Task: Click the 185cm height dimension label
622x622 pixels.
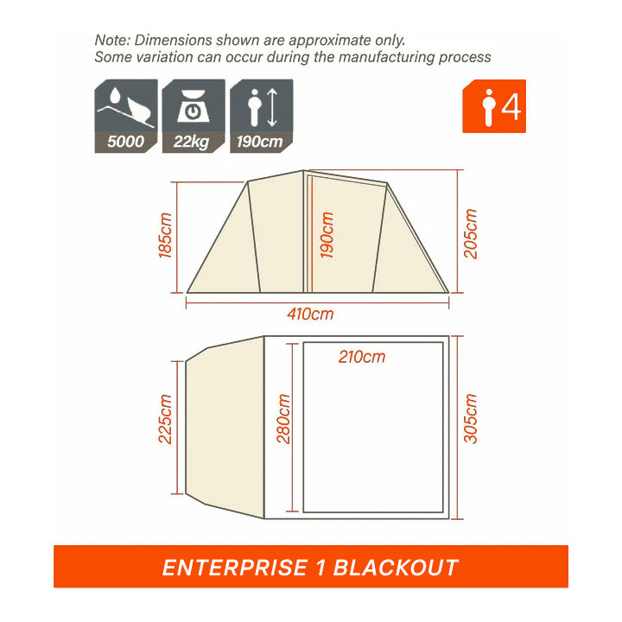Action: click(165, 235)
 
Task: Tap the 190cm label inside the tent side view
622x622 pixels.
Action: click(327, 235)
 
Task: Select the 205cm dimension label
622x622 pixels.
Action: click(471, 233)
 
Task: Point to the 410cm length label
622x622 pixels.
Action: click(310, 314)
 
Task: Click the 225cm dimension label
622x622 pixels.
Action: click(165, 418)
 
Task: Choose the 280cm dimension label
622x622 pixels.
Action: click(283, 418)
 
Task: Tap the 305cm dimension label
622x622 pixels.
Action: click(471, 418)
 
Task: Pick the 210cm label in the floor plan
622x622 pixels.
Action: click(362, 357)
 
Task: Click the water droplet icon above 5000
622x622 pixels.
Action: click(115, 95)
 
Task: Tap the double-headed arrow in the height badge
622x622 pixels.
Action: click(272, 107)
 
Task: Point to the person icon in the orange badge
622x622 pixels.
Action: click(489, 107)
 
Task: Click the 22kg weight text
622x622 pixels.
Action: click(191, 142)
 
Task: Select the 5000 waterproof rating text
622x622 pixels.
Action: click(126, 142)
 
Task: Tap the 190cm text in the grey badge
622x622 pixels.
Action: click(259, 142)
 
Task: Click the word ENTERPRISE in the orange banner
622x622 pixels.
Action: click(235, 568)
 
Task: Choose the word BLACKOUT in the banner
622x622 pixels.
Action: click(396, 568)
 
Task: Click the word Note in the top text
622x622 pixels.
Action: click(112, 40)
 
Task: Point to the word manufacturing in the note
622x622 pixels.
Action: click(387, 57)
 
